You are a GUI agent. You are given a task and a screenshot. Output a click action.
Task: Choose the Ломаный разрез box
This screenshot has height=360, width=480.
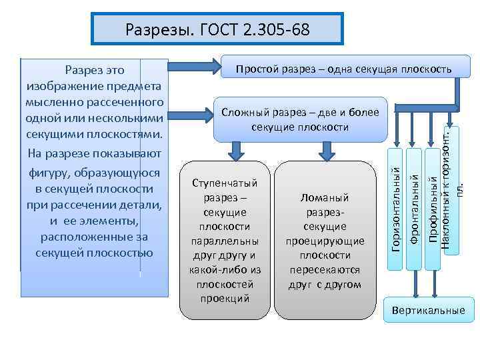(x=325, y=240)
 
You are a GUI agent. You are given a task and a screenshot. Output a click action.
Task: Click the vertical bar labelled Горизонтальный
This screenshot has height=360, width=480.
(x=395, y=210)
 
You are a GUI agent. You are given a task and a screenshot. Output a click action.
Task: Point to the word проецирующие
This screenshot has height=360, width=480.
(x=325, y=241)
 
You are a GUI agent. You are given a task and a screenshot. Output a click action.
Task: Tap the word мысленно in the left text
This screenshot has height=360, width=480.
(x=55, y=102)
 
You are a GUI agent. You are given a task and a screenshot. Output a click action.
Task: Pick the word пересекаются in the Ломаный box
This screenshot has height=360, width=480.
(x=325, y=270)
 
